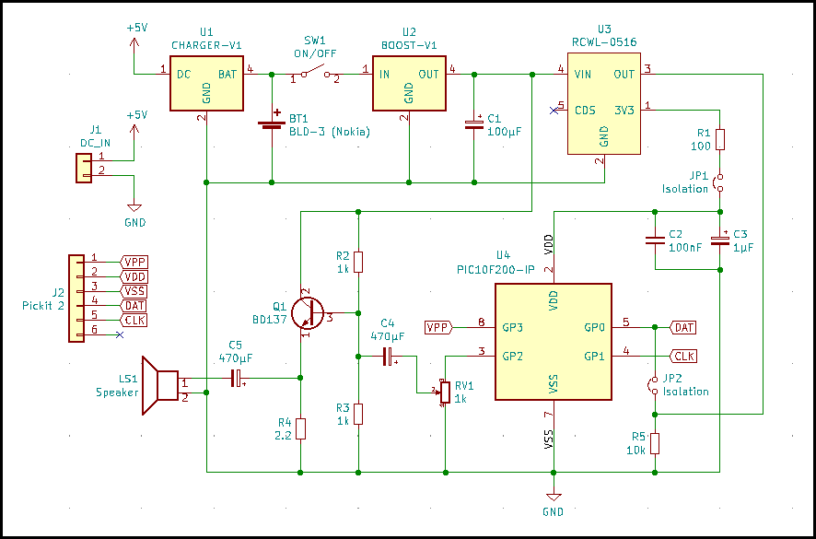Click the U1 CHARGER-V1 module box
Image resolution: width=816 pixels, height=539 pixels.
[207, 84]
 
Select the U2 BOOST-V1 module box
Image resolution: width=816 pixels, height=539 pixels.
[408, 84]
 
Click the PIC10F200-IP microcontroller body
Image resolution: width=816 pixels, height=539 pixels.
[553, 342]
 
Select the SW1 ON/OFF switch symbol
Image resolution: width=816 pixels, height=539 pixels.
[314, 74]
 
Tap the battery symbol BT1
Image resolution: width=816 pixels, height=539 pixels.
[272, 123]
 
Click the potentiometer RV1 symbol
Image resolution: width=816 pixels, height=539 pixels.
[445, 392]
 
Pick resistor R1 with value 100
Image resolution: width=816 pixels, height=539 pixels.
[720, 139]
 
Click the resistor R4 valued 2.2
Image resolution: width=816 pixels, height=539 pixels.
[300, 428]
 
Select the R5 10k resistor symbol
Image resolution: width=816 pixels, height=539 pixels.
[655, 443]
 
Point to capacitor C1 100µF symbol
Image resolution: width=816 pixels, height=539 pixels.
[473, 124]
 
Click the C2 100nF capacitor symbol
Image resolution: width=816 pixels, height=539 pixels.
[655, 240]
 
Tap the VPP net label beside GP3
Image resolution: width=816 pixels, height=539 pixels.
[438, 327]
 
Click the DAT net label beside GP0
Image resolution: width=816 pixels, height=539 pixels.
[682, 327]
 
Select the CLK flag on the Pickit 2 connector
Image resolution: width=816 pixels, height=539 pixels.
[134, 320]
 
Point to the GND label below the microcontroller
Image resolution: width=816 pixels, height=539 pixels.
[553, 511]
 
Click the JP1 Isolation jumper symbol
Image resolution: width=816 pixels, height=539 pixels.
[720, 182]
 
